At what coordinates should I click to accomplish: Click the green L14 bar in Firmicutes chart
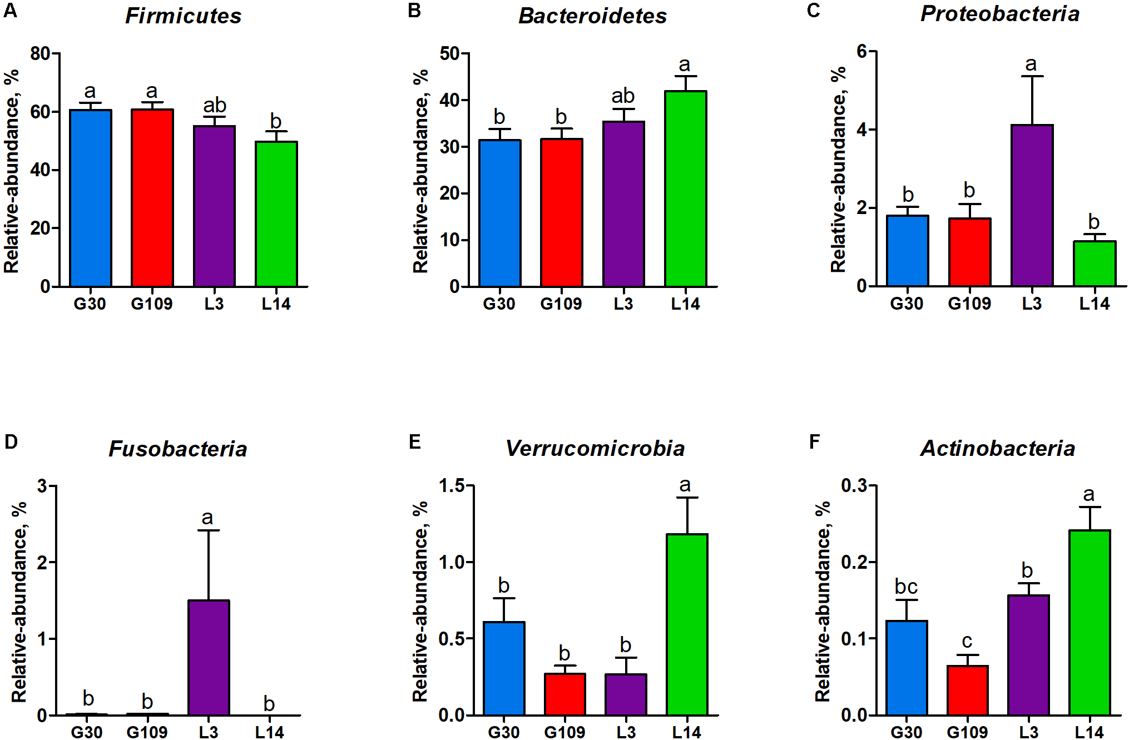276,214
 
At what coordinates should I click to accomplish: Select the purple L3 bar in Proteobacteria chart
1032,206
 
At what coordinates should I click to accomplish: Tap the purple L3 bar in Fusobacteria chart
209,658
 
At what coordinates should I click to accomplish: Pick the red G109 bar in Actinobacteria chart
967,690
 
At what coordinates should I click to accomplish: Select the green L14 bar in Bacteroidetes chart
686,189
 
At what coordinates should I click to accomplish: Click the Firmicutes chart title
183,16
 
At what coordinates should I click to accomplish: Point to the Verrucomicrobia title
595,448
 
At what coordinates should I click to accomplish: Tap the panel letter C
813,11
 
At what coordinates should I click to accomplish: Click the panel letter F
814,442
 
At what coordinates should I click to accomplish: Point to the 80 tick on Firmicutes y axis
40,54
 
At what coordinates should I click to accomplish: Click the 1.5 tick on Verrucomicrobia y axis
452,486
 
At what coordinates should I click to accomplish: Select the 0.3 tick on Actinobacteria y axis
854,486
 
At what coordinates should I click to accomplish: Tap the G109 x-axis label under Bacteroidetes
561,304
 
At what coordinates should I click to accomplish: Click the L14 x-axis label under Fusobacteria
269,732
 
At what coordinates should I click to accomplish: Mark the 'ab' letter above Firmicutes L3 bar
215,105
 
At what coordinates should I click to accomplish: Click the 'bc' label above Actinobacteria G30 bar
906,587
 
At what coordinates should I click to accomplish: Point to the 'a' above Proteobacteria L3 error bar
1031,64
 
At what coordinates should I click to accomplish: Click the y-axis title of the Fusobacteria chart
19,602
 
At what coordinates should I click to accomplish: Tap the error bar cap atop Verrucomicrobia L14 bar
687,498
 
